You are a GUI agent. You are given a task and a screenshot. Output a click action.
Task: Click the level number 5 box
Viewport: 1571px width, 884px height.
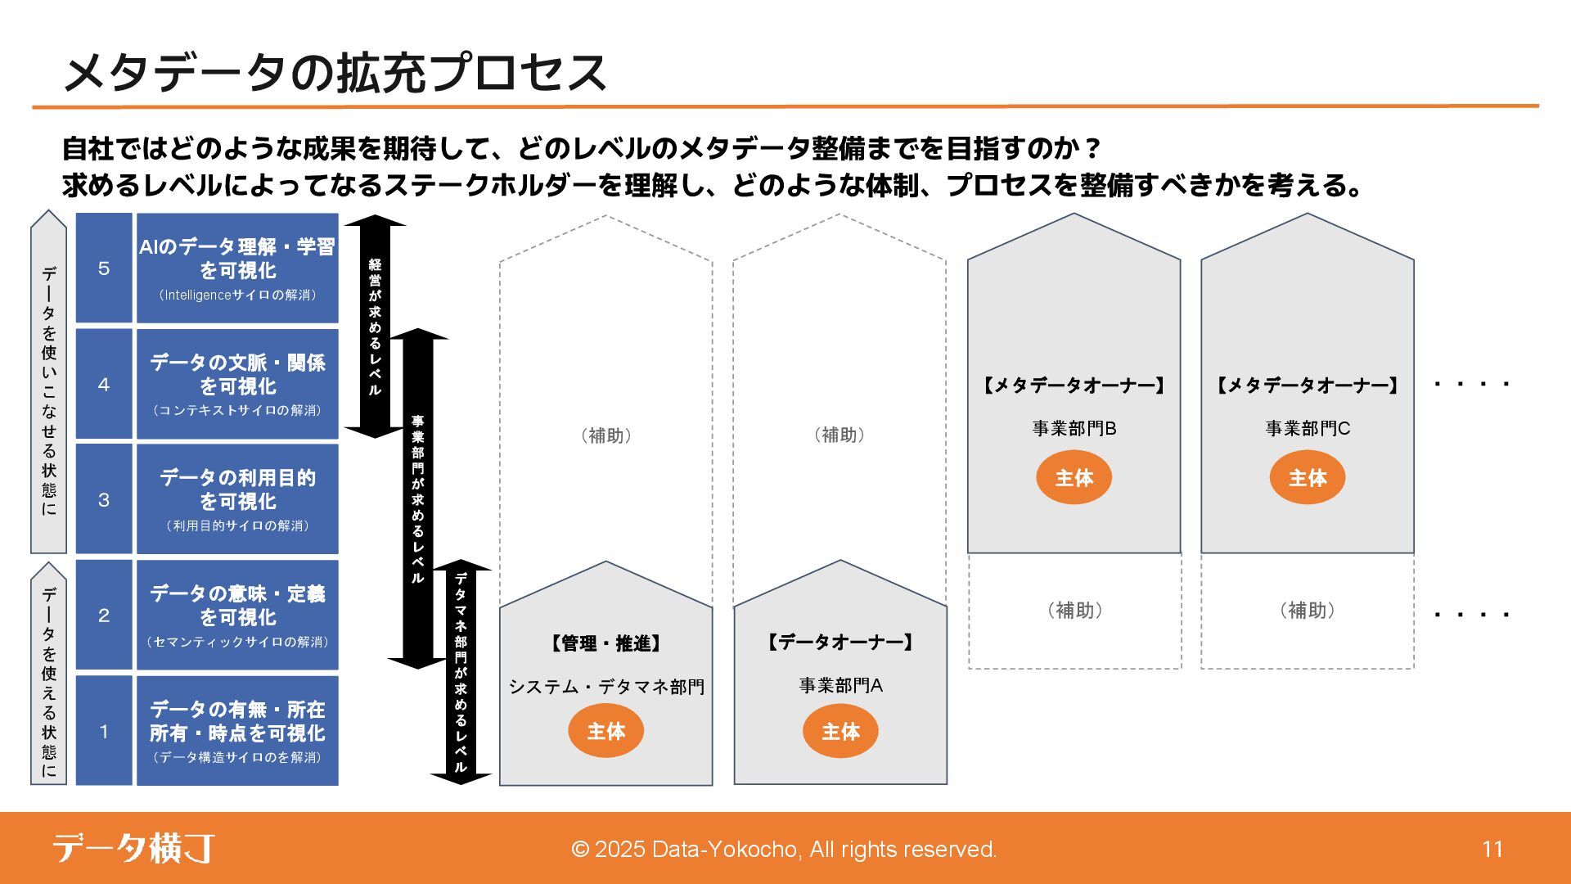[x=104, y=268]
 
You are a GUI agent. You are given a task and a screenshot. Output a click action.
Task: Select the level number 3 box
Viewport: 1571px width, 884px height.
[x=104, y=499]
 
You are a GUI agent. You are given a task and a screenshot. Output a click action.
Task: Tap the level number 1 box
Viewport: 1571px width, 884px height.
[x=104, y=731]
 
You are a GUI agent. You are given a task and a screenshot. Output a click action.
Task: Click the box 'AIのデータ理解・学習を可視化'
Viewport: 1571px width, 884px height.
[x=237, y=268]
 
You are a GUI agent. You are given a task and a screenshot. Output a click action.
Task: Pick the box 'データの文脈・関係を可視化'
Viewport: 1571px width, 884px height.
[x=237, y=384]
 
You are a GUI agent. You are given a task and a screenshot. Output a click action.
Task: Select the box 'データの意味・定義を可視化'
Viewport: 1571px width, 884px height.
[x=237, y=615]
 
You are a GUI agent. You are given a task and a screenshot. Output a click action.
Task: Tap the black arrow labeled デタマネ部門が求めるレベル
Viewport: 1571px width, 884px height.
[x=461, y=672]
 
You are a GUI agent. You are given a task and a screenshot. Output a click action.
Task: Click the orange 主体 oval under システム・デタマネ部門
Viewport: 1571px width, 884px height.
[x=605, y=731]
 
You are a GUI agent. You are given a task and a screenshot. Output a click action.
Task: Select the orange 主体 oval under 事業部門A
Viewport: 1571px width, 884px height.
[x=840, y=731]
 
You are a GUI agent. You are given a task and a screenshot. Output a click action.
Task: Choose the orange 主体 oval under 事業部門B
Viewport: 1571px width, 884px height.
[x=1074, y=478]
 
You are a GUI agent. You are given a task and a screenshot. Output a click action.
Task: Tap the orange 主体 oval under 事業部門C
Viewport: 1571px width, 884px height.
[x=1308, y=478]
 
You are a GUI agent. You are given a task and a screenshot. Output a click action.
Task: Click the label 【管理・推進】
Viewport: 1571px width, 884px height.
[x=605, y=643]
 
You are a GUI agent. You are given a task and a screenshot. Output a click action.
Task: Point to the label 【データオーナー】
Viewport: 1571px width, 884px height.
[x=840, y=643]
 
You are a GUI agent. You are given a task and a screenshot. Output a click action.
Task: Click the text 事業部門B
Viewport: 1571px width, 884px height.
[x=1074, y=428]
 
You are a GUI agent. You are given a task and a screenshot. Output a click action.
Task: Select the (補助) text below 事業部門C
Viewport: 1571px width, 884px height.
[x=1308, y=610]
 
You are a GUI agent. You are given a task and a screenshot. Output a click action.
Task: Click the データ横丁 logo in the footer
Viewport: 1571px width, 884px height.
[x=134, y=848]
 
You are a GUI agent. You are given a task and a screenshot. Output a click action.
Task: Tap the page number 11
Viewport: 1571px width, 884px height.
[x=1492, y=849]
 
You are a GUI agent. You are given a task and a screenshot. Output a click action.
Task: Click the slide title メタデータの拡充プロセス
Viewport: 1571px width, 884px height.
[x=334, y=72]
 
